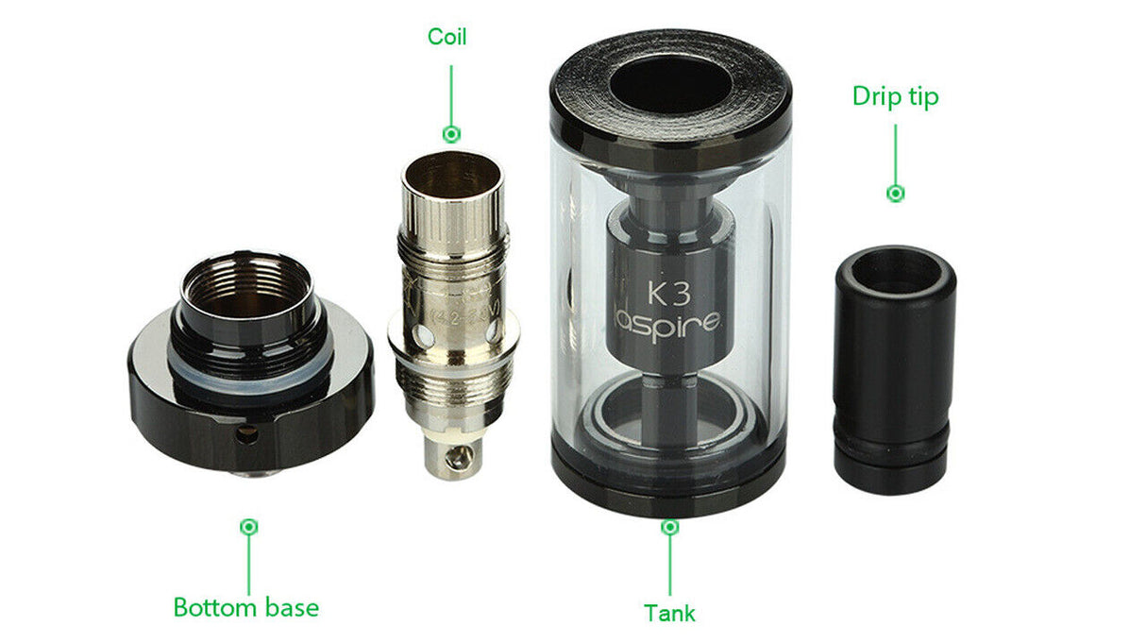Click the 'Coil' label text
point(447,36)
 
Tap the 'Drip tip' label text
point(895,96)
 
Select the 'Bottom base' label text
point(245,607)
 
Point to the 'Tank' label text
point(669,613)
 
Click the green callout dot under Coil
point(451,133)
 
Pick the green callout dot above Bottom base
point(249,526)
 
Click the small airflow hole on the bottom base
point(249,435)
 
